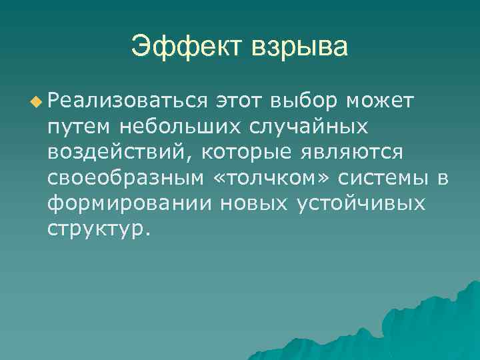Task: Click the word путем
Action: (x=79, y=127)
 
